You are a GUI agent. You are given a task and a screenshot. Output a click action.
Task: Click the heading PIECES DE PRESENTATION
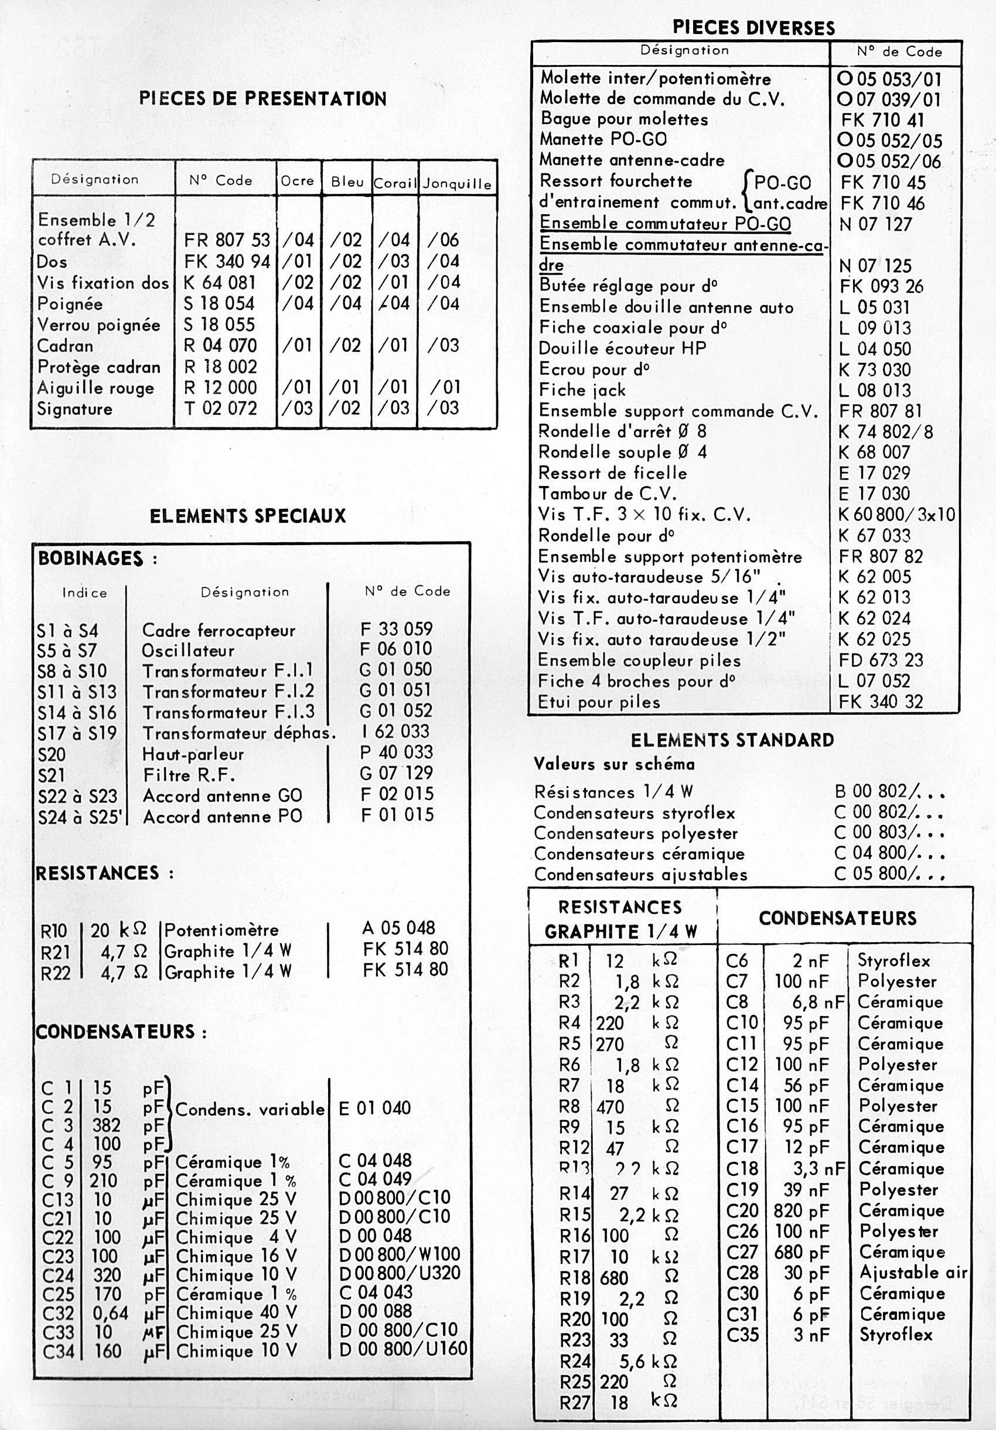tap(262, 99)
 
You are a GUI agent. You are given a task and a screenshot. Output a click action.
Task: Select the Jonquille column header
tap(457, 184)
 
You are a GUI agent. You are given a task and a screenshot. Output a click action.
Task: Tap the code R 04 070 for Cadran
tap(220, 345)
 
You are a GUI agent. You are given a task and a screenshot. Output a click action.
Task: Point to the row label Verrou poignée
tap(98, 325)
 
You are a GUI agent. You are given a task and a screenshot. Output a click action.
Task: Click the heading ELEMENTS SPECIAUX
tap(247, 516)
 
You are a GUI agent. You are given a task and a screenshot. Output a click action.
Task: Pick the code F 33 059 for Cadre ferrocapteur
tap(396, 629)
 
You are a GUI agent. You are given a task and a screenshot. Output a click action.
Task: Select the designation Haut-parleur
tap(193, 754)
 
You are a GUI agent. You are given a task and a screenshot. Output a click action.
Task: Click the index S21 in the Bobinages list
tap(51, 775)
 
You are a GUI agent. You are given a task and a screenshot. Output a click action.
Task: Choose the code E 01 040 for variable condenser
tap(374, 1108)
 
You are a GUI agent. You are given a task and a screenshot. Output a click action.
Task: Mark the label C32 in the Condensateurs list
tap(58, 1313)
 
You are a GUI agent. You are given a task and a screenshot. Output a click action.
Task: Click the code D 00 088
tap(375, 1312)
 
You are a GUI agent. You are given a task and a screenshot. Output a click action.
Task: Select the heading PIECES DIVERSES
tap(753, 28)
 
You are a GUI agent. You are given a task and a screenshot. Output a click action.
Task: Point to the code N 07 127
tap(875, 224)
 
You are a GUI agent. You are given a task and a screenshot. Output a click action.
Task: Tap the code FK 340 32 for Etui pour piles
tap(880, 702)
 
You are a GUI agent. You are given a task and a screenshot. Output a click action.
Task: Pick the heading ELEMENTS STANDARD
tap(732, 741)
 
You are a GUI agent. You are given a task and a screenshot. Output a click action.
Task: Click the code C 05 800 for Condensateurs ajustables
tap(889, 874)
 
